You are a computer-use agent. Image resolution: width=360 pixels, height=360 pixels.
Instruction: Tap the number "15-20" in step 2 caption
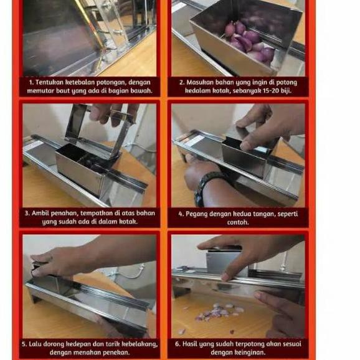pos(271,91)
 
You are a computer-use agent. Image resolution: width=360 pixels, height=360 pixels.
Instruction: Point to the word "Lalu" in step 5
pos(35,344)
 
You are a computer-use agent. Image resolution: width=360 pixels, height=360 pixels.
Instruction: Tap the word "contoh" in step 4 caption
pos(238,222)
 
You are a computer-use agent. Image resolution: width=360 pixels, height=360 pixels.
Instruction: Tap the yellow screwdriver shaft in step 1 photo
pos(91,26)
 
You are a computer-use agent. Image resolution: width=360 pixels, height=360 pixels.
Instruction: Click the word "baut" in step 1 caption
pos(63,91)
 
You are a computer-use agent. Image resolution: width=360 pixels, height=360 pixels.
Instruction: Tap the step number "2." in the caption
pos(182,82)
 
